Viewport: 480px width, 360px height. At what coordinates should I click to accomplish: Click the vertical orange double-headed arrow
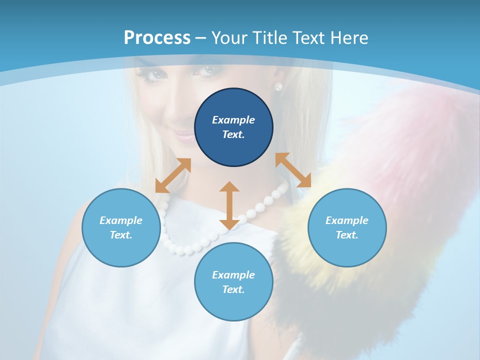pyautogui.click(x=229, y=205)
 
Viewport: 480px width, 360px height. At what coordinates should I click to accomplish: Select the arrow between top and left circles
pyautogui.click(x=173, y=175)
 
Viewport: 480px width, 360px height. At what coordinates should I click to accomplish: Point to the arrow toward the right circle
pyautogui.click(x=293, y=170)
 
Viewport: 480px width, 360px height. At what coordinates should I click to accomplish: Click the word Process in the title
pyautogui.click(x=157, y=37)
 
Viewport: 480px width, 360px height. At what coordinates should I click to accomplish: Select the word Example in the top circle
pyautogui.click(x=233, y=120)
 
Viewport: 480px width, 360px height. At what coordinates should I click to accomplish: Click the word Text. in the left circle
pyautogui.click(x=121, y=235)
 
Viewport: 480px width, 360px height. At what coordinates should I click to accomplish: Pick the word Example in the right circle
pyautogui.click(x=347, y=220)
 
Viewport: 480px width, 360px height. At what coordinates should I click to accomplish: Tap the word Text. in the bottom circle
pyautogui.click(x=233, y=289)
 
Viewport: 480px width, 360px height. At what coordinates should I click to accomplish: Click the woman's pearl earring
pyautogui.click(x=278, y=86)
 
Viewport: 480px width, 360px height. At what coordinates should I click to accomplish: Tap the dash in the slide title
pyautogui.click(x=201, y=38)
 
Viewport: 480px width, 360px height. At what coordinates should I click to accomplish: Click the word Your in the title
pyautogui.click(x=229, y=37)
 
